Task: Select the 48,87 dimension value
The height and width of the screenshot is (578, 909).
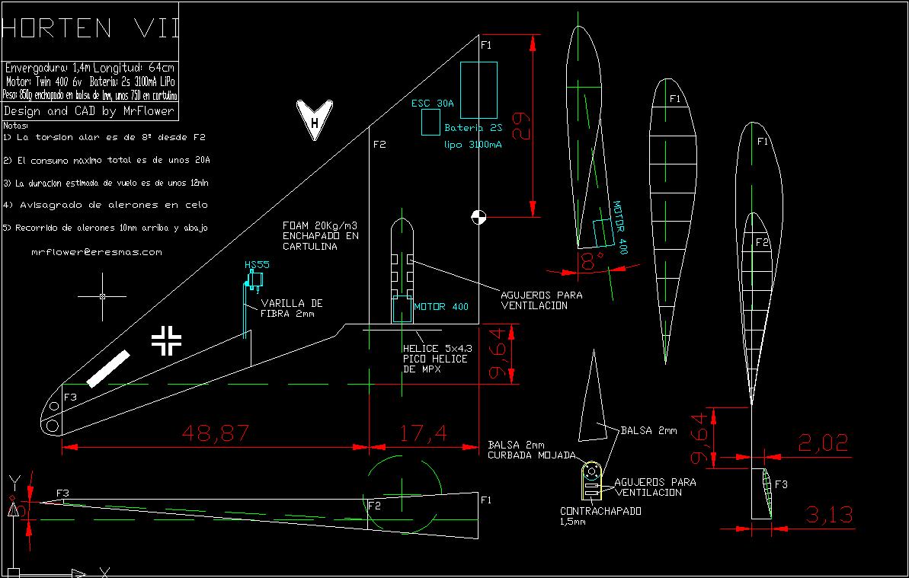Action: point(216,433)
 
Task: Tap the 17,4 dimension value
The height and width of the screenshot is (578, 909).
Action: point(422,433)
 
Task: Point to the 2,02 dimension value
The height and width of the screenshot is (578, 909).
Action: point(823,442)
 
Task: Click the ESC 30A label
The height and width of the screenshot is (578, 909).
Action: point(432,104)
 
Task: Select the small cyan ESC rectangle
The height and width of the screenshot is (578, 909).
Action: point(430,122)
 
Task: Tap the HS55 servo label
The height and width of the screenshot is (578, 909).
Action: point(257,265)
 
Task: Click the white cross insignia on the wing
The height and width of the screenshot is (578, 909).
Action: point(166,340)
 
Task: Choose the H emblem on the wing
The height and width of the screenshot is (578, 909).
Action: point(313,120)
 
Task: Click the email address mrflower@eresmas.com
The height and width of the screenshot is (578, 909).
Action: point(97,251)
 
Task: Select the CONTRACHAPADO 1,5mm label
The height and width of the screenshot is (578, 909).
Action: point(600,516)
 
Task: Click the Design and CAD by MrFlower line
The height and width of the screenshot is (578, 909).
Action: point(89,111)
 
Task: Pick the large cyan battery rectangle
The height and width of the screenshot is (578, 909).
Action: point(479,90)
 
